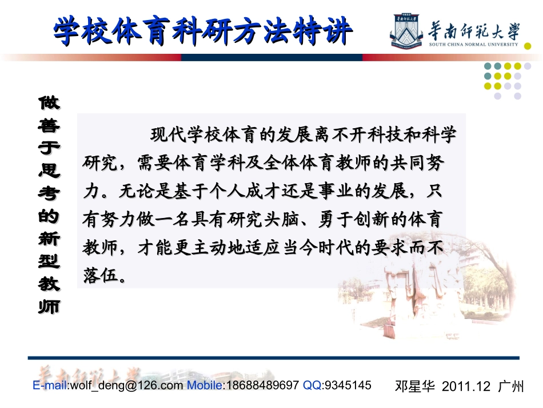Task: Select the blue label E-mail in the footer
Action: (x=50, y=385)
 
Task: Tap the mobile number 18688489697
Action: (x=262, y=385)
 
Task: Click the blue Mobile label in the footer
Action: (x=206, y=385)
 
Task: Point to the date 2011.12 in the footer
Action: (x=466, y=386)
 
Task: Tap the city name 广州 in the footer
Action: (x=510, y=386)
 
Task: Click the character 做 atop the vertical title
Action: (x=49, y=103)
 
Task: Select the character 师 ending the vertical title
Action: (x=49, y=306)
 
